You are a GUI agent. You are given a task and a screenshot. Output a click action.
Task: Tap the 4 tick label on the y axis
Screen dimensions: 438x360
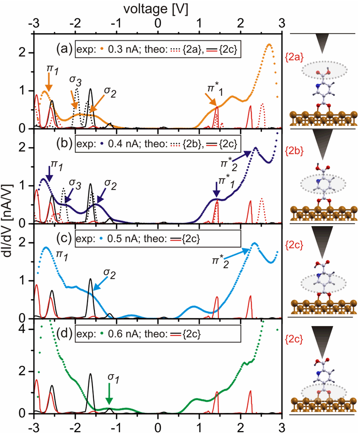pyautogui.click(x=28, y=329)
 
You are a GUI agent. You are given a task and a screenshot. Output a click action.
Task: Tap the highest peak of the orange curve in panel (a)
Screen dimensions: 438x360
pyautogui.click(x=269, y=44)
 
